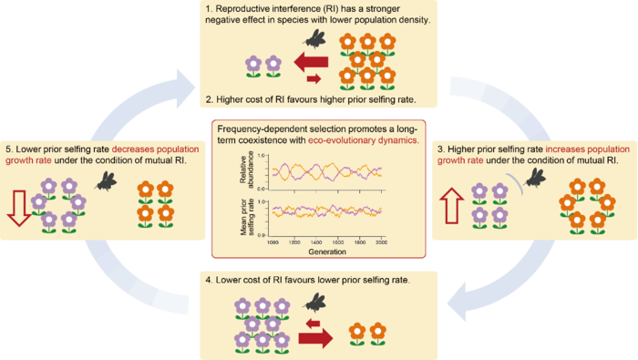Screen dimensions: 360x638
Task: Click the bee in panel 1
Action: pyautogui.click(x=316, y=39)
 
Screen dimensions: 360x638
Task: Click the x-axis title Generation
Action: pyautogui.click(x=319, y=250)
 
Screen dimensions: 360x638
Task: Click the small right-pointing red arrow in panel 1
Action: pyautogui.click(x=313, y=79)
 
